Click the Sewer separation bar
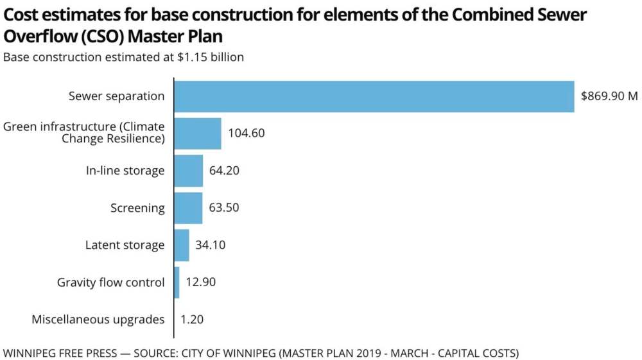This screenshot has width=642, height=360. click(x=374, y=96)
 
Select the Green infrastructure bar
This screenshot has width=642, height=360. click(x=198, y=133)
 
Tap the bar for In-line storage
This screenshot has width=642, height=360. click(x=189, y=171)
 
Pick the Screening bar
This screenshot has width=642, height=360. click(x=188, y=208)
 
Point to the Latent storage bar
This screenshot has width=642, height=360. click(x=182, y=245)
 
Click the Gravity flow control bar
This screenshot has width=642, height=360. click(x=177, y=282)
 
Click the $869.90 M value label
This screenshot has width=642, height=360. click(x=609, y=96)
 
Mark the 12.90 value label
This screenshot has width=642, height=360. click(x=201, y=282)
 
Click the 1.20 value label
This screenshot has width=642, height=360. click(x=192, y=320)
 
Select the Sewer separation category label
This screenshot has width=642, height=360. click(x=117, y=96)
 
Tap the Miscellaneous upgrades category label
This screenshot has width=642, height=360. click(x=98, y=320)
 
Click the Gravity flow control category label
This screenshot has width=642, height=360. click(x=110, y=282)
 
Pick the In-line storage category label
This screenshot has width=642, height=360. click(x=125, y=171)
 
